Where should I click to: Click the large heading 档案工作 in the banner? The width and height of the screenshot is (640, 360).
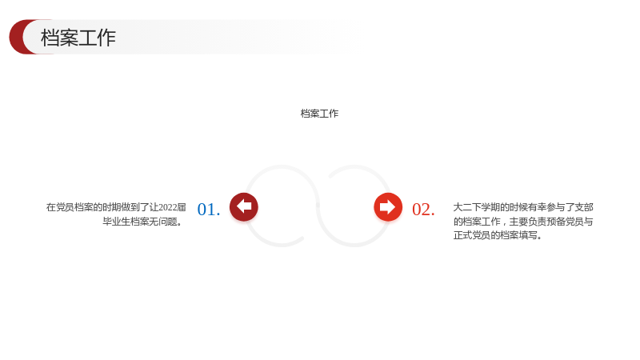click(78, 38)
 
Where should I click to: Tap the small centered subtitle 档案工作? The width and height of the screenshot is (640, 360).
click(319, 114)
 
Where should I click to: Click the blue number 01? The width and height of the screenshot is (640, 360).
click(209, 210)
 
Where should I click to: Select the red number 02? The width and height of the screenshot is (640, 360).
click(423, 210)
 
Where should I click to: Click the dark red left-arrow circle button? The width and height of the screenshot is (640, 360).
click(244, 207)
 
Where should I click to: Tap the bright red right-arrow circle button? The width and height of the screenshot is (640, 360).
click(388, 207)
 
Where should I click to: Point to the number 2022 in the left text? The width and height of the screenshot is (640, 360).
click(167, 207)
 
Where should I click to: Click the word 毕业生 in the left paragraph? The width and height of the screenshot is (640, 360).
click(116, 222)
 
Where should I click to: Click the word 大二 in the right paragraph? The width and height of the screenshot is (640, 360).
click(462, 207)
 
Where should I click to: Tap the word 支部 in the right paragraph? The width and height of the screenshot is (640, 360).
click(584, 207)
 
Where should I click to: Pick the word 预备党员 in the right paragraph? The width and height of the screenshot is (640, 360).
click(565, 222)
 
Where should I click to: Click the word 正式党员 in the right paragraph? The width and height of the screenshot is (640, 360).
click(472, 235)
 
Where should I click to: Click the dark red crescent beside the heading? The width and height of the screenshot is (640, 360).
click(18, 37)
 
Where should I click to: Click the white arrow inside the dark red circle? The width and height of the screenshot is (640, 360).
click(244, 206)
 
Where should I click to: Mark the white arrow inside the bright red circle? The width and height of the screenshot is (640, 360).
click(388, 207)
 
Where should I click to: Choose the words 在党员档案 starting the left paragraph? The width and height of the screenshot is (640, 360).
click(70, 207)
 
